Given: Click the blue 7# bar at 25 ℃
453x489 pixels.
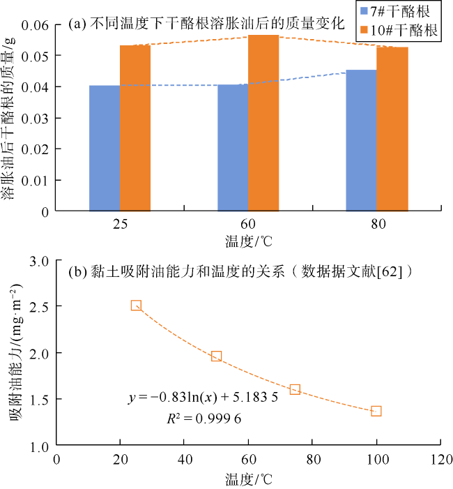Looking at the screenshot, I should tap(105, 148).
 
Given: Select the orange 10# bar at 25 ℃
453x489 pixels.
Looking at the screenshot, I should tap(135, 128).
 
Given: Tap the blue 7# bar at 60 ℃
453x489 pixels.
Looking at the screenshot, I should tap(233, 147).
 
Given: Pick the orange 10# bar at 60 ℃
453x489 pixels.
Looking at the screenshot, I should tap(263, 123).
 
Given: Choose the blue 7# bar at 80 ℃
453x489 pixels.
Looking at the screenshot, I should tap(361, 140).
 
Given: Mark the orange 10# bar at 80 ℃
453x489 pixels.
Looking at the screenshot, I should tap(392, 128).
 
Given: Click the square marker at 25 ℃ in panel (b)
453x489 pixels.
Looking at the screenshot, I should tap(136, 306).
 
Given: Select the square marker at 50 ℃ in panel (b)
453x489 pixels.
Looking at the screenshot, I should tap(216, 356).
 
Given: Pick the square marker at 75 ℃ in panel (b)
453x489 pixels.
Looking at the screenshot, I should tap(295, 389).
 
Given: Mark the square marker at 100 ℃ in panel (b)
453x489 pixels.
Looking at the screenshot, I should tap(376, 411).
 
